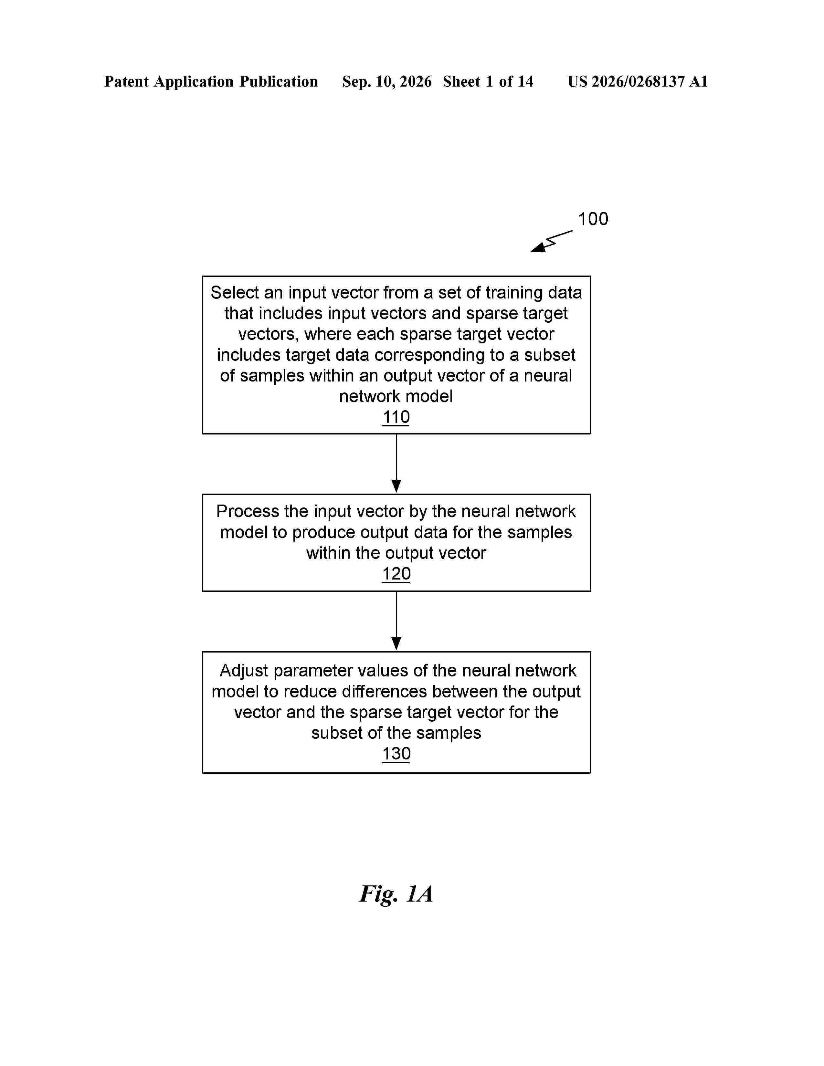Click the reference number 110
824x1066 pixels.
(396, 417)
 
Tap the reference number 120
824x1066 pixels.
(396, 574)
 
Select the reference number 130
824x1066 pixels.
(396, 754)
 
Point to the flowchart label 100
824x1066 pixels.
(593, 219)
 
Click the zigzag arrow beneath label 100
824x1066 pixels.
(552, 241)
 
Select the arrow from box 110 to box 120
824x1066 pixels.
(396, 463)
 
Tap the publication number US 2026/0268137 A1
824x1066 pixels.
(638, 81)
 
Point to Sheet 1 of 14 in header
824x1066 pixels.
(488, 81)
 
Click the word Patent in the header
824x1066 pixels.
(126, 81)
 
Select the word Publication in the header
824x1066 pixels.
(279, 81)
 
